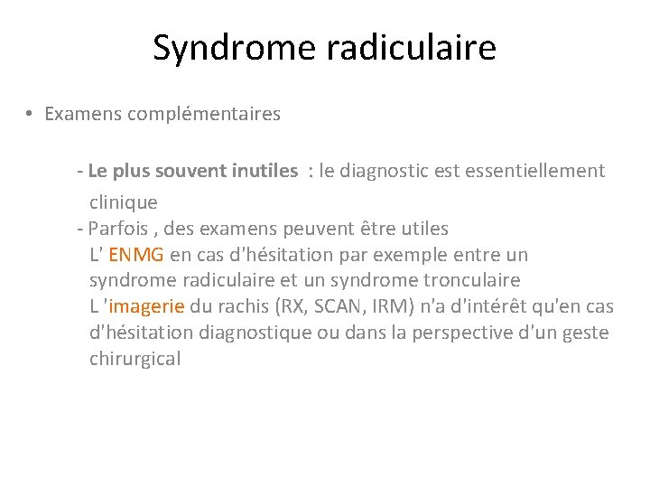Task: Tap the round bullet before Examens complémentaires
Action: point(30,115)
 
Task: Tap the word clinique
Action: point(124,202)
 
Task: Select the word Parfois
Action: point(117,229)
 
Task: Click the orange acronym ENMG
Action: point(135,255)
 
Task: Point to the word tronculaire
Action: point(472,280)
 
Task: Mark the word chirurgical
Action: point(135,359)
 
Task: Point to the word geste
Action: point(586,333)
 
